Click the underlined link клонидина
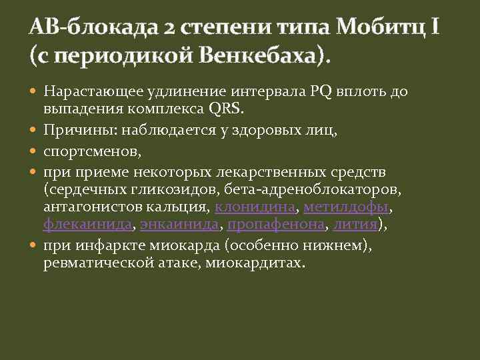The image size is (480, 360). tap(255, 207)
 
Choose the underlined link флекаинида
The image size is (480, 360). tap(88, 225)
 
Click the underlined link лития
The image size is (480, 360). tap(356, 225)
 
